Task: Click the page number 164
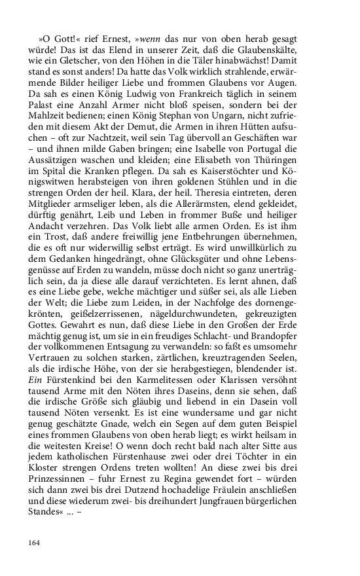click(x=35, y=542)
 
